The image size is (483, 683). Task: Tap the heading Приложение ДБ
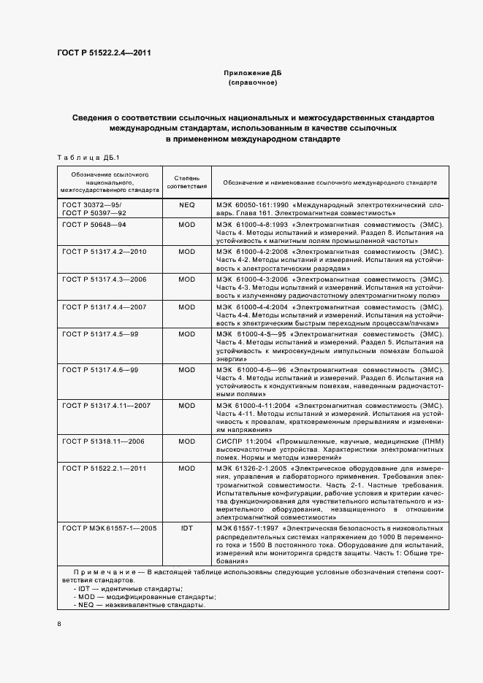tap(252, 74)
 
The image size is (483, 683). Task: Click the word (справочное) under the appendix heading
tap(252, 83)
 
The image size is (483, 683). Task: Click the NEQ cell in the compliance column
tap(186, 206)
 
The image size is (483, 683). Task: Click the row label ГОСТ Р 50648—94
tap(95, 225)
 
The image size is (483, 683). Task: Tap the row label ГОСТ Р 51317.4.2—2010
tap(105, 251)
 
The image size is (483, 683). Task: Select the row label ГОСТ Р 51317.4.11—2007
tap(107, 405)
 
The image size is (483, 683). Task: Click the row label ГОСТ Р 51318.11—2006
tap(104, 441)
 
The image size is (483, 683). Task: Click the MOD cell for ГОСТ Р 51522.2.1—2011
tap(186, 468)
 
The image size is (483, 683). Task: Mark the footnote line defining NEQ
tap(139, 605)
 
